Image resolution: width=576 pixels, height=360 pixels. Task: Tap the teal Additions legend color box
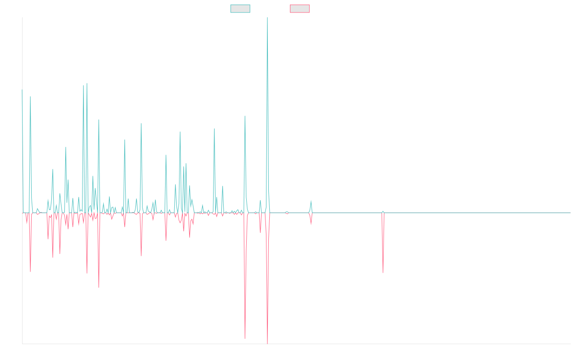tap(240, 9)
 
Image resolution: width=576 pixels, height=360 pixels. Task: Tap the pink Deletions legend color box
tap(300, 9)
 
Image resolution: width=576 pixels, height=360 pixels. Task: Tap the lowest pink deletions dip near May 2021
tap(267, 342)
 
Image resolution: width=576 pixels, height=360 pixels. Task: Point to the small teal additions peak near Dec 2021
tap(311, 201)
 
